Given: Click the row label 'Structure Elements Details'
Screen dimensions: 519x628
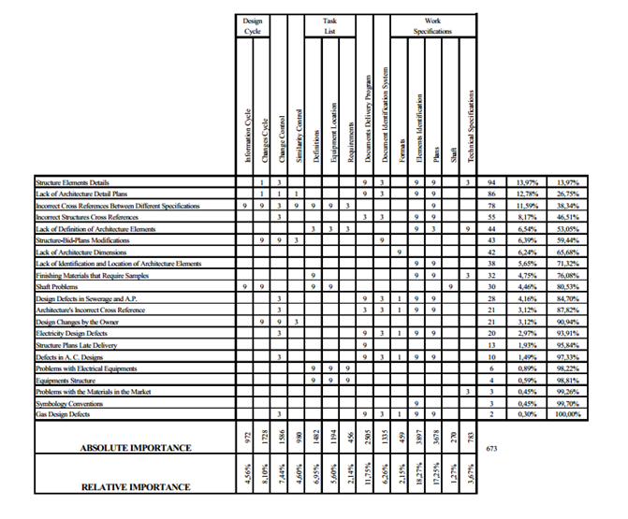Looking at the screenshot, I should (72, 182).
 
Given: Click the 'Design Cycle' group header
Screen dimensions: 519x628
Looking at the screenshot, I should (253, 24).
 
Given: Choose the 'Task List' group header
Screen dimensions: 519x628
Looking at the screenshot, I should (330, 24).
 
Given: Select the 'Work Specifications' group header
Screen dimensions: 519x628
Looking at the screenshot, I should (433, 24).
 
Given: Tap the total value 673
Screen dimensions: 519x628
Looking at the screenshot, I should (492, 449).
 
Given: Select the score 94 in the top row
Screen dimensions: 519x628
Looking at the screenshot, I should (491, 182).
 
